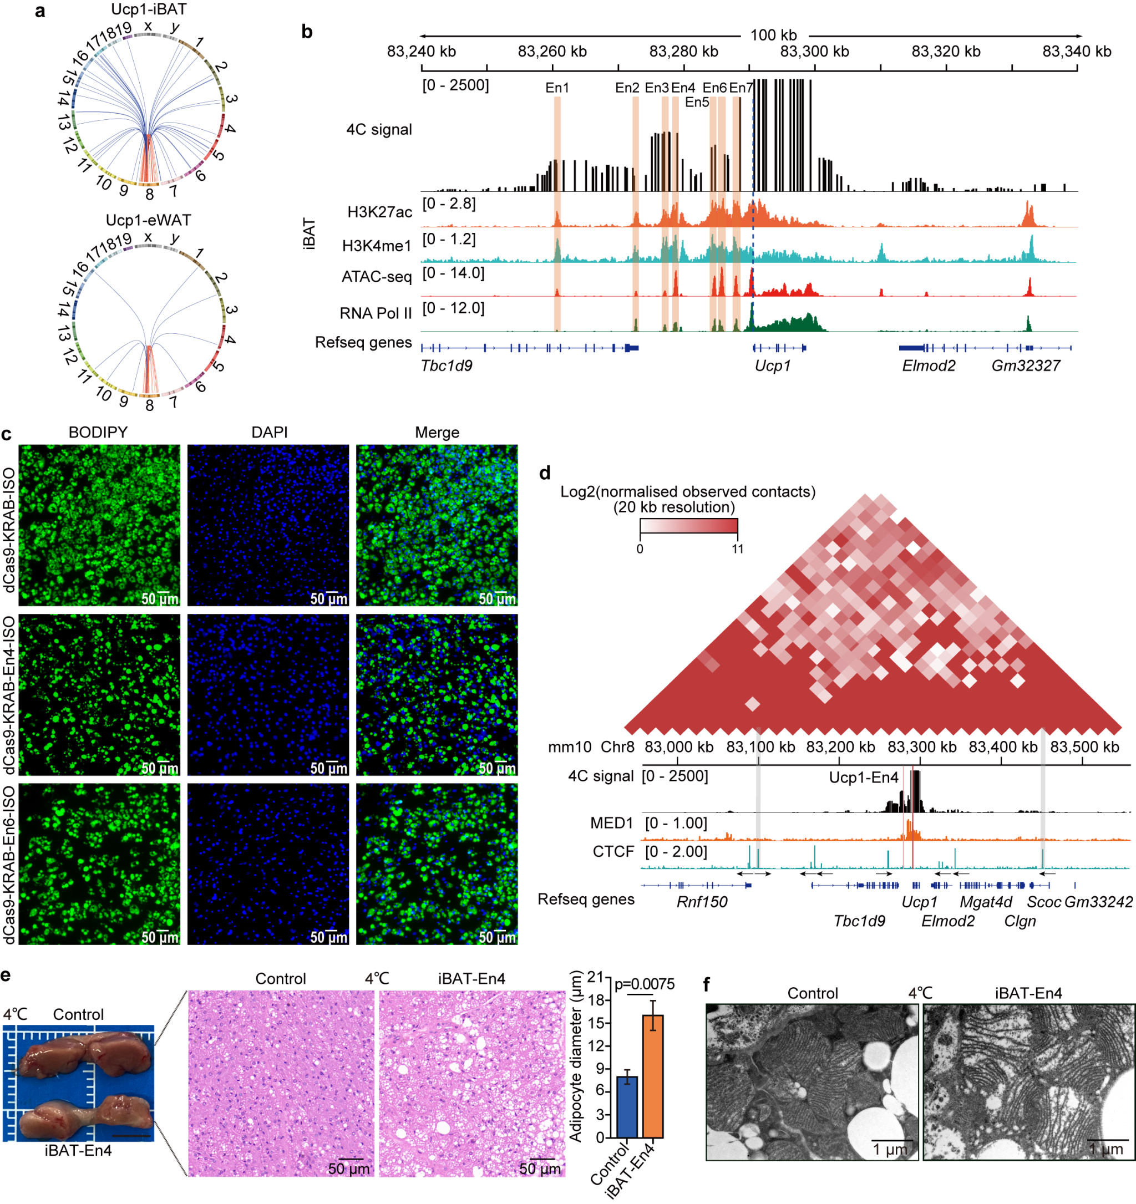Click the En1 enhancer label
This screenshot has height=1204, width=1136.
557,88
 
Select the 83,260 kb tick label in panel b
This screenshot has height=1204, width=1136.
552,52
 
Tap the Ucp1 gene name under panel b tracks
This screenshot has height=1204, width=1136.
773,366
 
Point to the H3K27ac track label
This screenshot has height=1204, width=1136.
379,212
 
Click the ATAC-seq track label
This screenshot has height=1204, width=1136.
376,277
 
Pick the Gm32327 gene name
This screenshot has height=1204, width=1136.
1026,366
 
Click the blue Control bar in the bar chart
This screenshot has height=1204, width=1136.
627,1106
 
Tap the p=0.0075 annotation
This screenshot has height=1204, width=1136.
645,984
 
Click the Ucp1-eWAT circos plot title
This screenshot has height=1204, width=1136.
149,220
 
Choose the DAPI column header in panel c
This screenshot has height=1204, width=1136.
269,433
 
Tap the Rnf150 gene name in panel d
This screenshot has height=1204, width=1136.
702,902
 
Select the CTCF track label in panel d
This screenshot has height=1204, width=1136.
612,851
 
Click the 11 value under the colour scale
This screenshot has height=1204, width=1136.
737,549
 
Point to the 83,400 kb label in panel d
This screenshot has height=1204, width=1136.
1003,747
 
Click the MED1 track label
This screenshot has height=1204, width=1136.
611,823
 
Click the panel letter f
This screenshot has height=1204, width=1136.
707,985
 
